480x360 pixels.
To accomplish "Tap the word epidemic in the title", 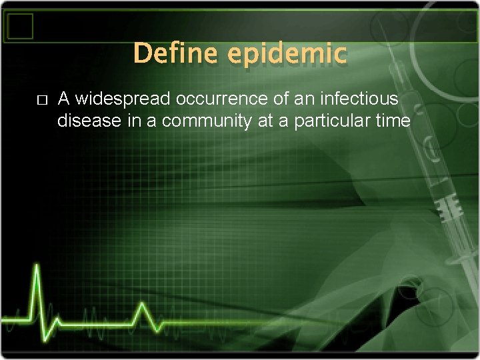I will click(287, 53).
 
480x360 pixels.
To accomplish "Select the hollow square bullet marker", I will click(42, 100).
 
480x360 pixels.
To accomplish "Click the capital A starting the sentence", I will click(64, 99).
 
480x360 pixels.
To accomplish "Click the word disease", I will click(85, 121).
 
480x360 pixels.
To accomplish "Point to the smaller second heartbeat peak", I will click(141, 305).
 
